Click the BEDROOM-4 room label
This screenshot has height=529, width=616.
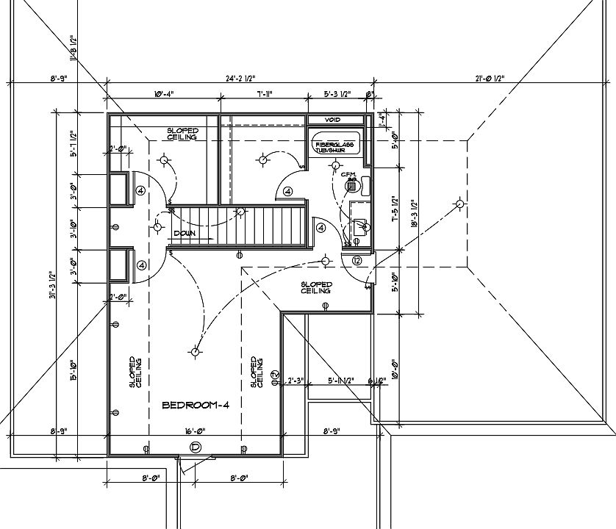[x=196, y=406]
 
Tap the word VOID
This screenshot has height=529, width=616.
[x=333, y=120]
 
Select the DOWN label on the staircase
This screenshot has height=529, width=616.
[x=184, y=234]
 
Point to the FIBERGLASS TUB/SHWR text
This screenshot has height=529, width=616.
[x=334, y=146]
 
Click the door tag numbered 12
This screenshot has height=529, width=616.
[x=357, y=260]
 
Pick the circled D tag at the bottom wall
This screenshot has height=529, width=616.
[x=196, y=447]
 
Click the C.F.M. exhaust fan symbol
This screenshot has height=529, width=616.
[x=351, y=184]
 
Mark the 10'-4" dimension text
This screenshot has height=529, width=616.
[x=163, y=95]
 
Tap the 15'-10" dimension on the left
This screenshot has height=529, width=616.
[x=73, y=373]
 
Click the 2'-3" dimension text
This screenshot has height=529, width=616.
[x=296, y=381]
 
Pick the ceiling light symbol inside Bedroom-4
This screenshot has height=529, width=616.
[x=195, y=352]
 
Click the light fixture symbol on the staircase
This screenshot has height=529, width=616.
[x=240, y=212]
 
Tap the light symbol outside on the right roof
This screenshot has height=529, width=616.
[x=459, y=204]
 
